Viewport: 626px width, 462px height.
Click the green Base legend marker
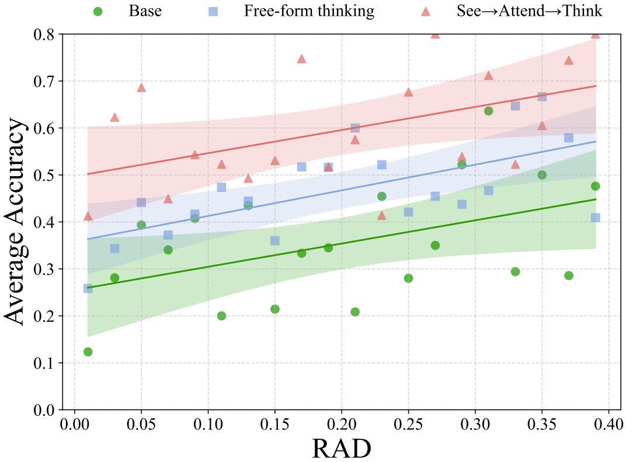click(98, 11)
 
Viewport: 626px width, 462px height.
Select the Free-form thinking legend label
click(309, 11)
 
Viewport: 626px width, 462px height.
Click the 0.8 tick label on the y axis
click(44, 34)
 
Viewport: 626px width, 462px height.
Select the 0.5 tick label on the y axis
click(44, 175)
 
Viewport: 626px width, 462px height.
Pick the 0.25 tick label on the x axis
click(408, 422)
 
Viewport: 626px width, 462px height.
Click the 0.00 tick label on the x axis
click(74, 422)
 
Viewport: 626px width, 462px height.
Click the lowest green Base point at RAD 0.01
click(88, 352)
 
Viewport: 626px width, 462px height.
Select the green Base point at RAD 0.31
click(489, 111)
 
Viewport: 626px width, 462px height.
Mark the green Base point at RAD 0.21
click(355, 312)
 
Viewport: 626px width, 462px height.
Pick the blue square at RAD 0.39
click(596, 218)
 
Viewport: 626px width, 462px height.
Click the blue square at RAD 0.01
click(88, 288)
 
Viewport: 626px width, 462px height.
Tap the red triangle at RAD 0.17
click(302, 59)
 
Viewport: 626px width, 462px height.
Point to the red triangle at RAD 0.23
click(382, 216)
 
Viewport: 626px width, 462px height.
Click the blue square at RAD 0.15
click(275, 241)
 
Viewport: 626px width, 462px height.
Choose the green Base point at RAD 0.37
click(569, 275)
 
